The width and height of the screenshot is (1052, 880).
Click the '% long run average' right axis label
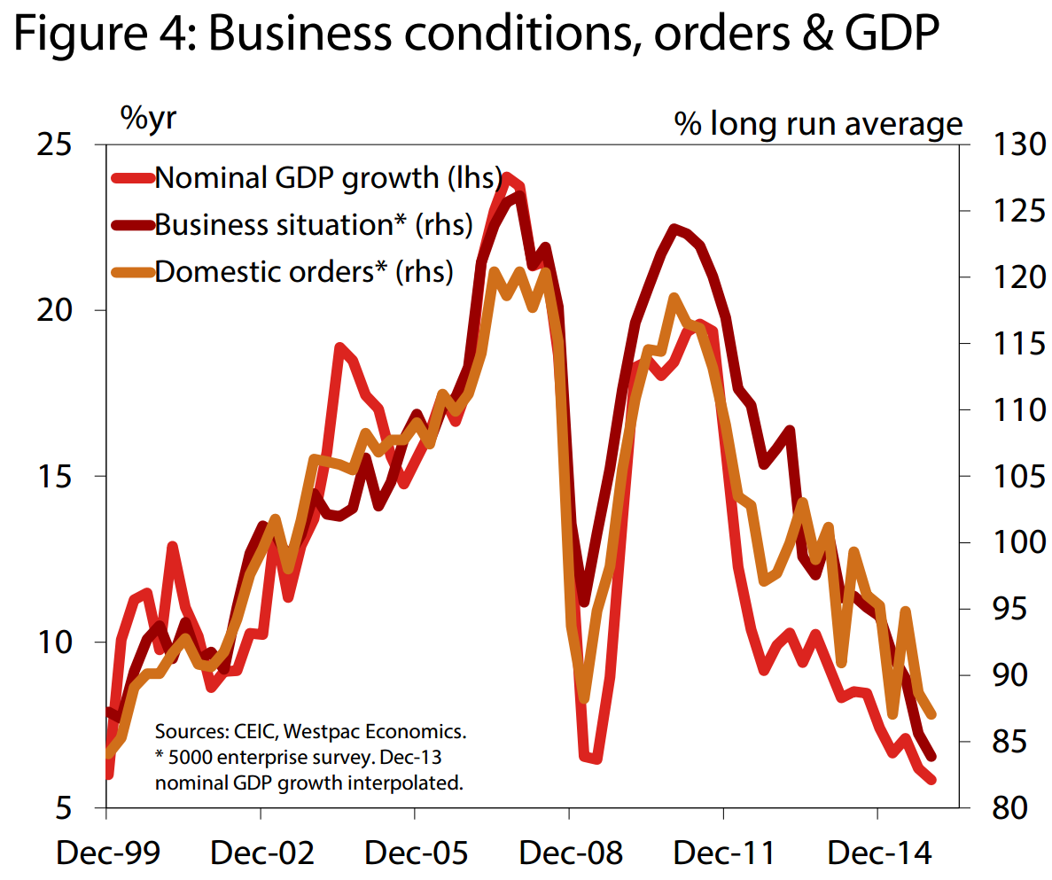[x=818, y=123]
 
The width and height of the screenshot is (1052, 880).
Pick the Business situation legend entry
[x=311, y=224]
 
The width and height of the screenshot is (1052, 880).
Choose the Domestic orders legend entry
[x=303, y=271]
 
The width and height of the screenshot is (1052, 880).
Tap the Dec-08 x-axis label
[x=570, y=853]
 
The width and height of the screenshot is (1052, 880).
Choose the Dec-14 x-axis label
[x=878, y=853]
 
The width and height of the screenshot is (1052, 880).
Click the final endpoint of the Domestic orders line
[x=933, y=714]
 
